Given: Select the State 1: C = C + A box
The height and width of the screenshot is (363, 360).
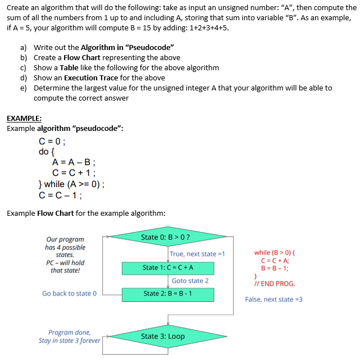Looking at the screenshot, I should pos(168,267).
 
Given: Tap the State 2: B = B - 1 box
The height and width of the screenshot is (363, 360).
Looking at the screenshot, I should pos(168,293).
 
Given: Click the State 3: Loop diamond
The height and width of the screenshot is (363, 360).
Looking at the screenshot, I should pos(163,337).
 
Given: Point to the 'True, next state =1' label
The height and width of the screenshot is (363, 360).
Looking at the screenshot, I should pos(197,254).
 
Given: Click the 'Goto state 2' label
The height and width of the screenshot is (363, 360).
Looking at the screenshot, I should pos(190,280).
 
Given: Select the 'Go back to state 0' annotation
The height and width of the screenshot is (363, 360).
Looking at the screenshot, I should pos(70,293).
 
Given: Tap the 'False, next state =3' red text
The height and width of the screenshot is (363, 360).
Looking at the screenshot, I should pos(274,299).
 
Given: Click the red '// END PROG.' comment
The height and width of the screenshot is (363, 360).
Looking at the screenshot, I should pos(275,284).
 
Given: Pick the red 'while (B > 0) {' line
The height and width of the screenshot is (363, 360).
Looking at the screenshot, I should pos(276,253).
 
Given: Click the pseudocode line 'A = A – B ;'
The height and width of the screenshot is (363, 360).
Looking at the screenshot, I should pos(74,162).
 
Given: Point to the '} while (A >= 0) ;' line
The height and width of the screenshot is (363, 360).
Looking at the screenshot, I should pos(71,184).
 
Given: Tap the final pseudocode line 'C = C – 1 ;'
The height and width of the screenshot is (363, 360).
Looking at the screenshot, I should pos(61,196).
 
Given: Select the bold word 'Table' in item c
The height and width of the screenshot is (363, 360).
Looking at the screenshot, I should pos(69,68).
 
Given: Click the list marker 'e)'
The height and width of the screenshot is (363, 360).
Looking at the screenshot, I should pos(24,88).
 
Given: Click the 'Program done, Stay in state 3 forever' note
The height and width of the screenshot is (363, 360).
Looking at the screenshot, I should pos(69,336).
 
